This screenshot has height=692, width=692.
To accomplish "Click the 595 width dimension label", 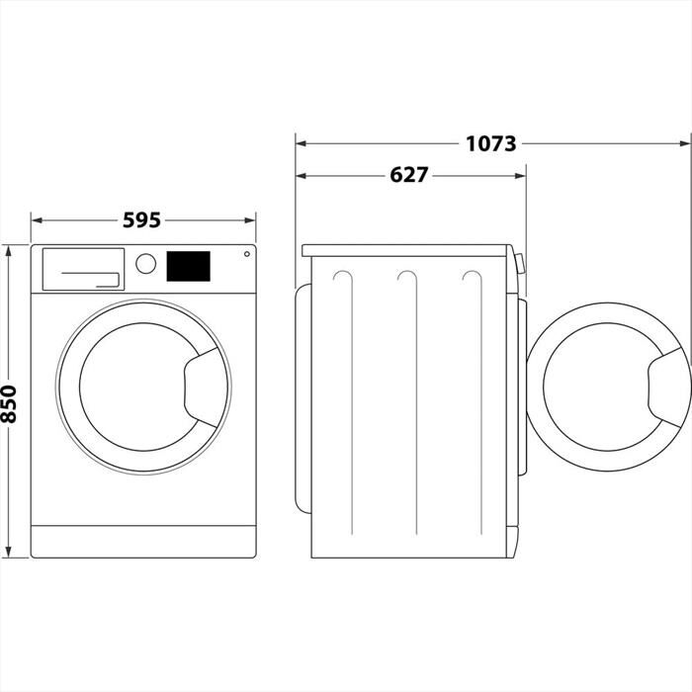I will pos(141,220).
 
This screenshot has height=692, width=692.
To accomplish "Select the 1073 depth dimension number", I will pos(491,143).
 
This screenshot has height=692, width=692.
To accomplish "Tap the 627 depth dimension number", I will pos(408,175).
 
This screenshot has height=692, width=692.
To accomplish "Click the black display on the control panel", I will pos(189,266).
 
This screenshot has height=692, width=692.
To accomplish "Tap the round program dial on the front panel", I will pos(145,264).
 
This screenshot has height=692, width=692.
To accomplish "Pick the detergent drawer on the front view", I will pos(84,268).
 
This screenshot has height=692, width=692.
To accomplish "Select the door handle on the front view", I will pos(205,382).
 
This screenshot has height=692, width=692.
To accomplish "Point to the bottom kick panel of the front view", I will pos(143,541).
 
